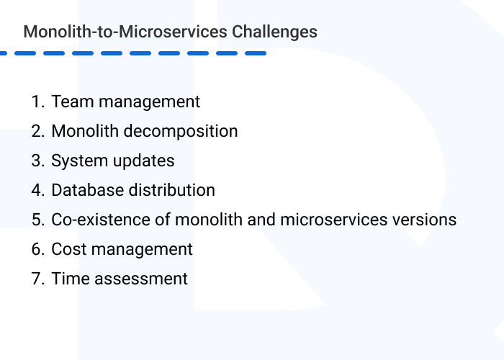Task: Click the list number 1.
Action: tap(37, 102)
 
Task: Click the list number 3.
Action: tap(37, 161)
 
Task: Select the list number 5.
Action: tap(37, 220)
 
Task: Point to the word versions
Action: tap(424, 220)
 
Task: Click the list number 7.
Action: tap(37, 279)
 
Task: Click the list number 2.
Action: tap(37, 131)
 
